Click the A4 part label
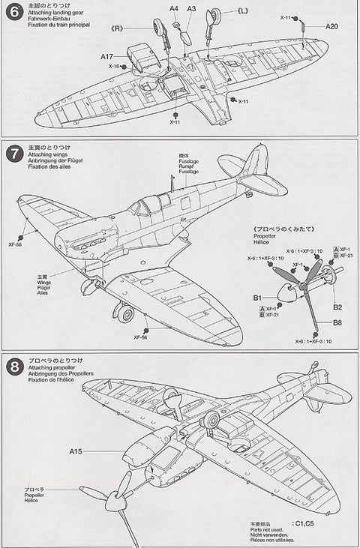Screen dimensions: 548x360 pos(173,8)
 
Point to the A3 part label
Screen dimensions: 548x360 pos(191,8)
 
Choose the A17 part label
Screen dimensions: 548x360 pos(106,56)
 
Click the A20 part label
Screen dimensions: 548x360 pos(332,26)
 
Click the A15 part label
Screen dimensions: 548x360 pos(76,451)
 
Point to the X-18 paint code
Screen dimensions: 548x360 pos(113,66)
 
